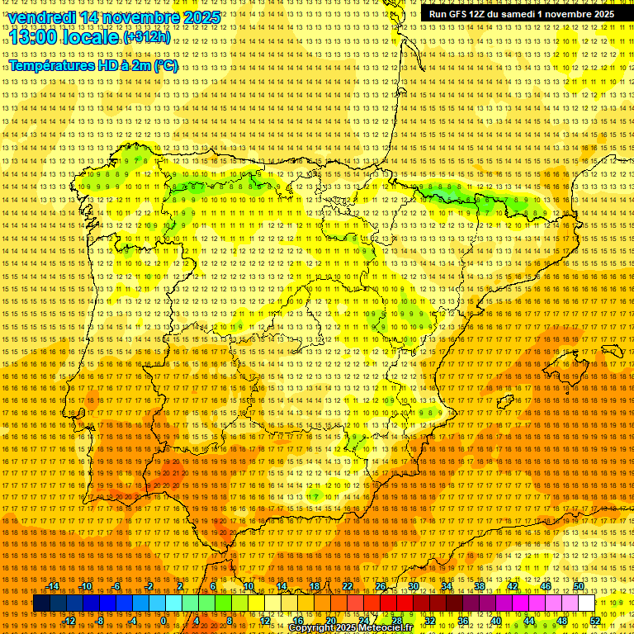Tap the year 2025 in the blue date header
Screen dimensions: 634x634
tap(201, 17)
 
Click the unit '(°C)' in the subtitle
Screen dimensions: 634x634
tap(165, 66)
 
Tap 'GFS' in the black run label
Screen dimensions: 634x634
tap(464, 14)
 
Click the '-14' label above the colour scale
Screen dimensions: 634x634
tap(53, 586)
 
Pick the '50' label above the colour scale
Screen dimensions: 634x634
tap(579, 586)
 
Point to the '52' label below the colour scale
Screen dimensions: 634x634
tap(594, 621)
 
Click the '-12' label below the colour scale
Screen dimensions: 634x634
tap(69, 621)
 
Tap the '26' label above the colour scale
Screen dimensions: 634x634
tap(381, 586)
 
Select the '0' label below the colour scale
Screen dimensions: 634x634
tap(164, 621)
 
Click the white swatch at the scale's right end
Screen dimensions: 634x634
tap(587, 603)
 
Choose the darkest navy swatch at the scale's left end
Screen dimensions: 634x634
tap(41, 603)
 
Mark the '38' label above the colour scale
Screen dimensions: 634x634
tap(480, 586)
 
